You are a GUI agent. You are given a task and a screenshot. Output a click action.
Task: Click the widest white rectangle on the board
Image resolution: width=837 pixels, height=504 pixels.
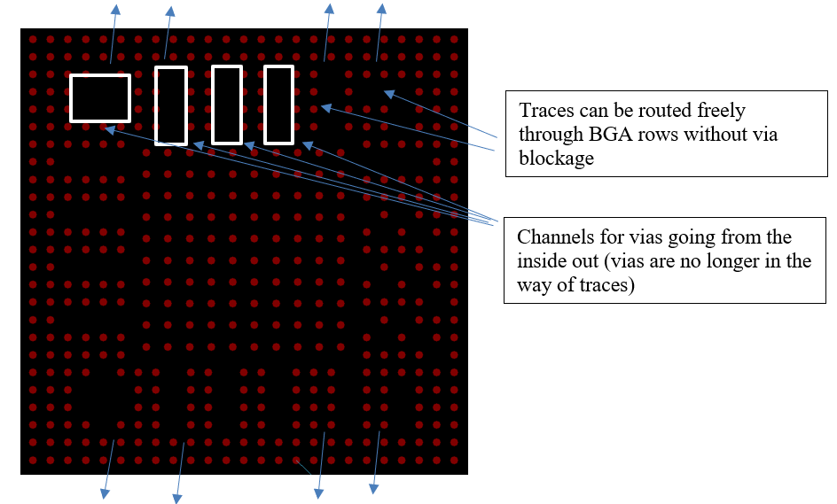pos(100,98)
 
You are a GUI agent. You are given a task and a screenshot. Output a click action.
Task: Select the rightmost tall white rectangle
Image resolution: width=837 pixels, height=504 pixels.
pos(278,105)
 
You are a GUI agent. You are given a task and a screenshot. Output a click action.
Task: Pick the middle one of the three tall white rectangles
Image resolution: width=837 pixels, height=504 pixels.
pos(227,105)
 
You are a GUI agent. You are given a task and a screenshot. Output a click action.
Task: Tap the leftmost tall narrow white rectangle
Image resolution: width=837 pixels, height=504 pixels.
pos(171,105)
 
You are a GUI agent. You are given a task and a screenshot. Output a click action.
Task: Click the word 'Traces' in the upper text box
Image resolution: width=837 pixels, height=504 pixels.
pos(544,111)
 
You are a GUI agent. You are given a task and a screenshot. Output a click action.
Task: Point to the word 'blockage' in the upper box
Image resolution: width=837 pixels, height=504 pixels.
pos(556,158)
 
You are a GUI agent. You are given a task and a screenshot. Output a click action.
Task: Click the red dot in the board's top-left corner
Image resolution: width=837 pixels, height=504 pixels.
pos(33,39)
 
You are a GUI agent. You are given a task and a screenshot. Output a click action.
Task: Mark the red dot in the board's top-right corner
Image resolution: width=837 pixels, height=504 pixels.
pos(454,39)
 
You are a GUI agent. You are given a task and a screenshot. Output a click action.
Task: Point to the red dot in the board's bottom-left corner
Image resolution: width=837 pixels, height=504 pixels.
pos(33,460)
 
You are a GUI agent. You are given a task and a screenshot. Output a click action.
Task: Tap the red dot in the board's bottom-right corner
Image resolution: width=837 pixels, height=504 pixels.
pos(454,460)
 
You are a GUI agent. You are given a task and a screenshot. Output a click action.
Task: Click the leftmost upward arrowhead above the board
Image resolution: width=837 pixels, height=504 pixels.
pos(115,9)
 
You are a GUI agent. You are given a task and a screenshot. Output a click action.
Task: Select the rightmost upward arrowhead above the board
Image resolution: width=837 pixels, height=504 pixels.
pos(381,9)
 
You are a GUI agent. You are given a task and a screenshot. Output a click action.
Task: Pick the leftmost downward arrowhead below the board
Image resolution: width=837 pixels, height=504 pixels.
pos(106,494)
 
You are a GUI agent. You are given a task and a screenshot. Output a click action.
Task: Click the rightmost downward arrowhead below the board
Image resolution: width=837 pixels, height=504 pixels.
pos(373,489)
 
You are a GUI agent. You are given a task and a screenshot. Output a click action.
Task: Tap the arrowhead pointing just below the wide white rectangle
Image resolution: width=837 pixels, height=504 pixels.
pos(109,128)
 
